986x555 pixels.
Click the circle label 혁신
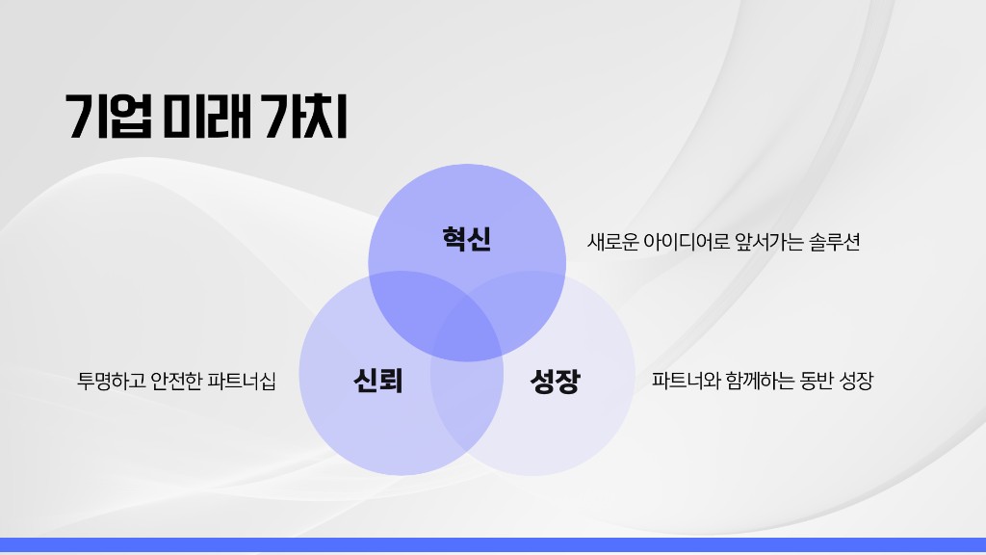(x=467, y=238)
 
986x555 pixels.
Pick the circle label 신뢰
(x=377, y=382)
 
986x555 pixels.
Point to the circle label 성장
(x=555, y=382)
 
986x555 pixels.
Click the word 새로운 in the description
(x=612, y=242)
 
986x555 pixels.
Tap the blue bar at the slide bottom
(x=493, y=544)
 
